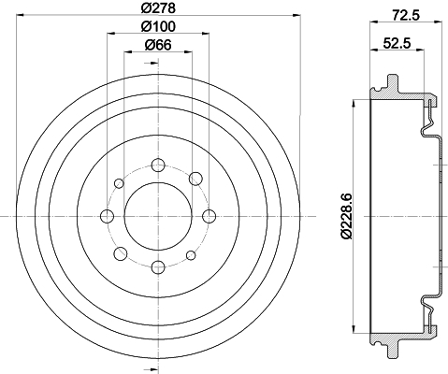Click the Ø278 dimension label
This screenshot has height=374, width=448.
[x=158, y=7]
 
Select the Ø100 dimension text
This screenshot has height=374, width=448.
[x=158, y=26]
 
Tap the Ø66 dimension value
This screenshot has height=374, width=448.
[x=158, y=45]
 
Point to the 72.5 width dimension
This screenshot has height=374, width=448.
[x=406, y=15]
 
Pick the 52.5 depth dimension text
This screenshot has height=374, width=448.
[x=397, y=43]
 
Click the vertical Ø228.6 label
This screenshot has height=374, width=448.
[x=347, y=216]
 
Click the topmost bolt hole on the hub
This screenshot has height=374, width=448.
[x=158, y=165]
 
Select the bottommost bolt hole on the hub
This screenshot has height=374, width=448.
[x=158, y=267]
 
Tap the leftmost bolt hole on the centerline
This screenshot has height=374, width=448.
[x=108, y=216]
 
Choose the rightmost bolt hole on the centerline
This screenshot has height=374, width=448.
[x=209, y=216]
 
